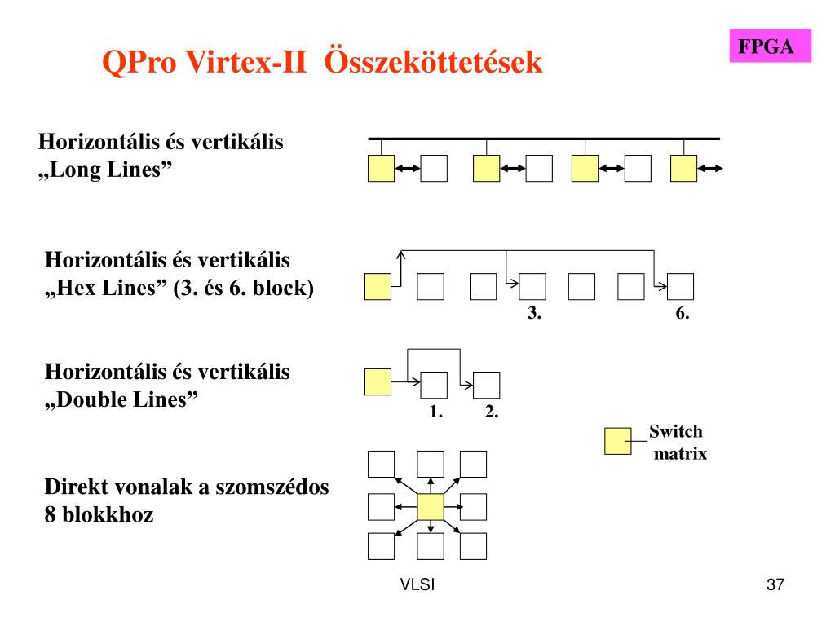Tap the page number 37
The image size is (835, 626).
click(775, 585)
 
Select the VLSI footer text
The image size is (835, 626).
click(417, 585)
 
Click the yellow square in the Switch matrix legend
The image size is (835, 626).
click(617, 441)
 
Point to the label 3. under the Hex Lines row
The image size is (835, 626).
click(534, 314)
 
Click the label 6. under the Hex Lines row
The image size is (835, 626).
click(683, 314)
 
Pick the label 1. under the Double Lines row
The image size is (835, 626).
click(435, 412)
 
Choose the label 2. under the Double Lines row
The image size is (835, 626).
click(491, 412)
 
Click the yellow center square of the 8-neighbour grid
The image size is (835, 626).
click(431, 507)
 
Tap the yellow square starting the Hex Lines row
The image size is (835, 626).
click(378, 287)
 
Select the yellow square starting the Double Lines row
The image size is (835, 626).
click(378, 382)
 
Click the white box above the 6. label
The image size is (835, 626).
click(680, 287)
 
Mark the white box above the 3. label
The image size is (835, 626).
click(532, 287)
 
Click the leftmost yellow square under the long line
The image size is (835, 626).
click(381, 168)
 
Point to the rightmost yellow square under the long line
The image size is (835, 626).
click(683, 168)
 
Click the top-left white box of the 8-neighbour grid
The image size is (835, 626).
click(381, 464)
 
